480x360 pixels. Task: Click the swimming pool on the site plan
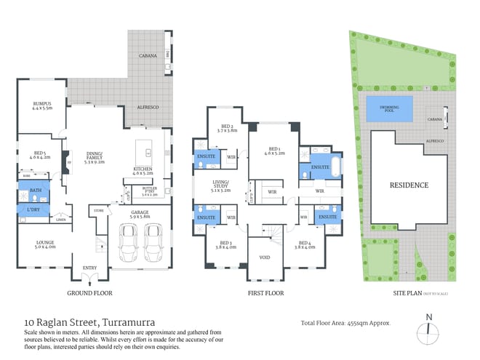pos(389,109)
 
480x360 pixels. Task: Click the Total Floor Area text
pos(346,322)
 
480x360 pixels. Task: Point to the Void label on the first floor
pos(264,256)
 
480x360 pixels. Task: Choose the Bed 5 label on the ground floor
pos(40,153)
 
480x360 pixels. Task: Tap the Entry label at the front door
pos(89,268)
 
